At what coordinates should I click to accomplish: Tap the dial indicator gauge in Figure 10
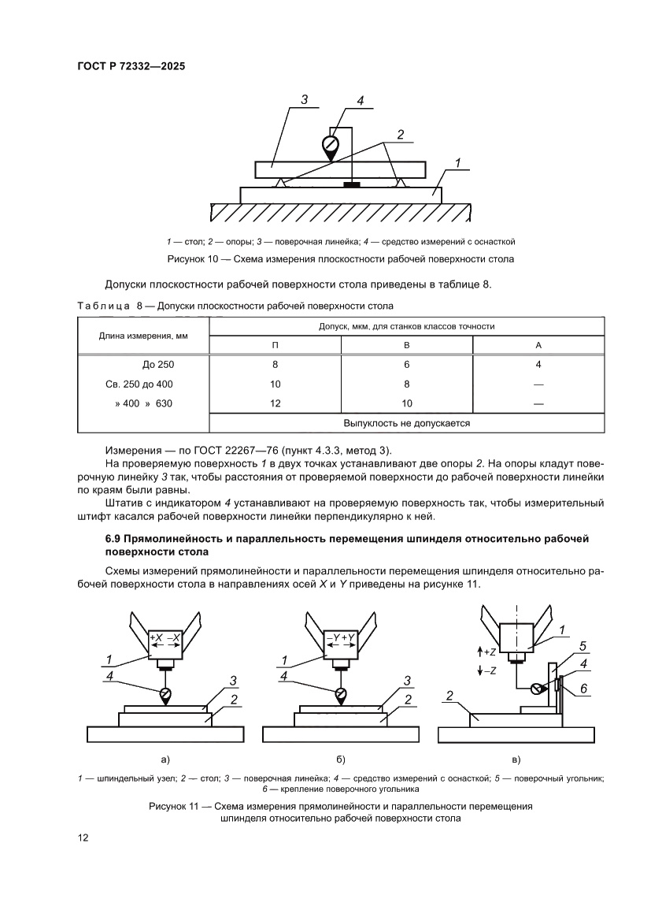[331, 145]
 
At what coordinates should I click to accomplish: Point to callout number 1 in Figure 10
[456, 164]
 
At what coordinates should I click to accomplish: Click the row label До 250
[158, 365]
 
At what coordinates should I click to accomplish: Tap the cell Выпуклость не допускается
[406, 423]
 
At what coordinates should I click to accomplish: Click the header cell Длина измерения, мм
[142, 336]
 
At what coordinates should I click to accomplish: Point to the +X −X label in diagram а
[165, 637]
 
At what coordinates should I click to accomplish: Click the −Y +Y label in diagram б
[341, 637]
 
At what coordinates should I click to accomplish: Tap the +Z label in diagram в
[487, 652]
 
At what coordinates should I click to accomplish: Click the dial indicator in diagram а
[165, 693]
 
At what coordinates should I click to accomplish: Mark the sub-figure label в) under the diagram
[516, 759]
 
